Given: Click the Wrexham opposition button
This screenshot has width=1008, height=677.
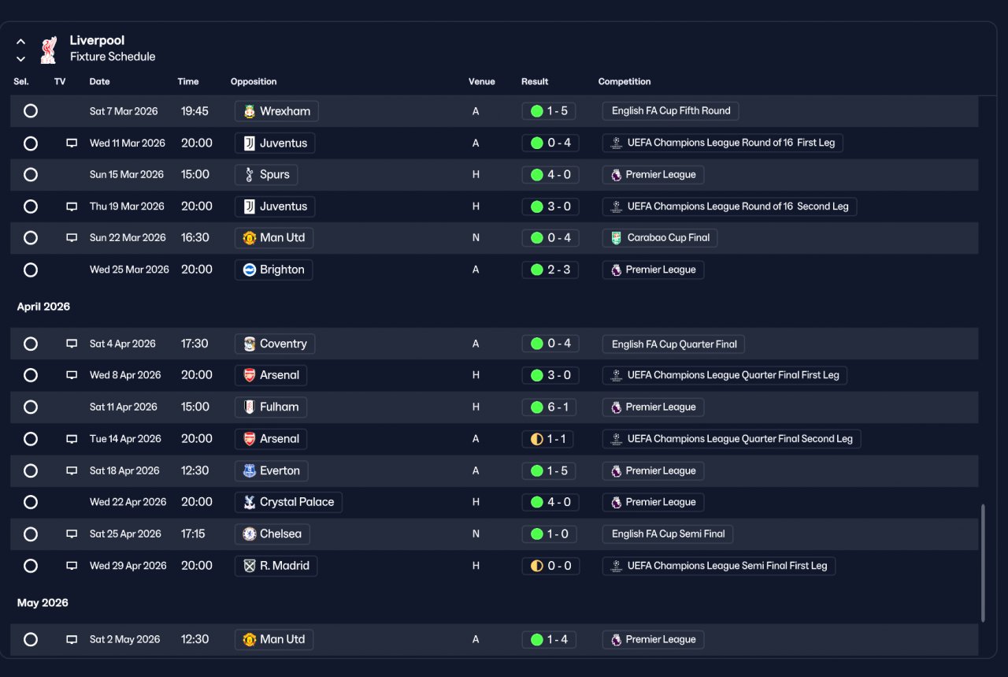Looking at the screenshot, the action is [x=276, y=111].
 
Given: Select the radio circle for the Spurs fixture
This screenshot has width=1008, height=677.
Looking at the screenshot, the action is [x=31, y=175].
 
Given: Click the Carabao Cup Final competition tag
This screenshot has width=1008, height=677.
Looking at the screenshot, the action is [x=660, y=238].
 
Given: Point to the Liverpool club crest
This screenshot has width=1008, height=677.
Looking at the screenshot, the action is [x=49, y=50].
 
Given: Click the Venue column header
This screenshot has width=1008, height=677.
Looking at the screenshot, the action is [x=481, y=81].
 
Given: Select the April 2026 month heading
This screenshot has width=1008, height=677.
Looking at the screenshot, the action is [x=43, y=307].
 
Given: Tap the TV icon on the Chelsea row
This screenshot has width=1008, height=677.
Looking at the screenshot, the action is [x=72, y=534].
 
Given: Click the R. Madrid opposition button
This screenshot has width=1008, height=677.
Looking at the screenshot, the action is [x=276, y=566].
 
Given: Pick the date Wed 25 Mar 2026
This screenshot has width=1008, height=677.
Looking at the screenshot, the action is [x=129, y=270].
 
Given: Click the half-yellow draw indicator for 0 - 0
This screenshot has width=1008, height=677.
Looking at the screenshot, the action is [x=537, y=566].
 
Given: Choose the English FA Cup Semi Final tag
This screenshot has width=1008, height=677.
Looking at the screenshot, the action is [x=668, y=534].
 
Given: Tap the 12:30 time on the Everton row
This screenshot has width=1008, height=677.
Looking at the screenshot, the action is [x=195, y=471].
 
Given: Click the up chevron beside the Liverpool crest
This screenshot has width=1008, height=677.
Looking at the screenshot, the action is [x=20, y=42].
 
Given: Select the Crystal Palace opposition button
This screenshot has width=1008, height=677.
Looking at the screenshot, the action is [x=288, y=502].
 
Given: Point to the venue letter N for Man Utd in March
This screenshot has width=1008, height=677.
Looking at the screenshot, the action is [x=476, y=238].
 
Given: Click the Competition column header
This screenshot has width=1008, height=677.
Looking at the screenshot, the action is [x=624, y=81].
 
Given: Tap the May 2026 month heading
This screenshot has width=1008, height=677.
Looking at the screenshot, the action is [x=43, y=603].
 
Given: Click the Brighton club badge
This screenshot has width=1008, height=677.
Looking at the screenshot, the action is [x=250, y=270].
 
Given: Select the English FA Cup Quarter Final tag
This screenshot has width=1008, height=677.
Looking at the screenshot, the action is [x=673, y=344].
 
